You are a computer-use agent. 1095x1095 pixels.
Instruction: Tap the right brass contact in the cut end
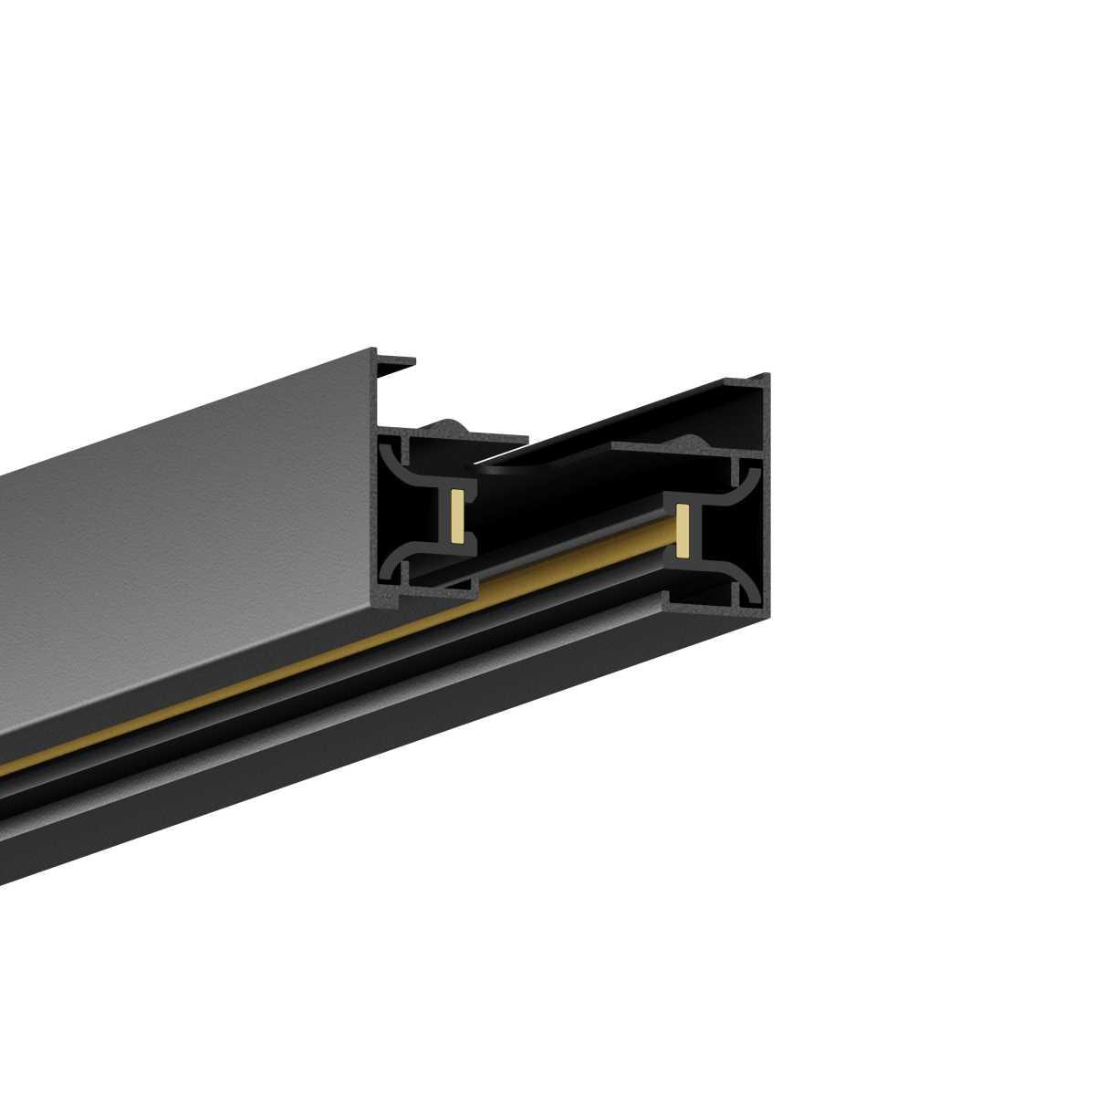681,531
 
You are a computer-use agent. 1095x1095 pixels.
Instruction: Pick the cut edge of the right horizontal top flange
675,451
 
